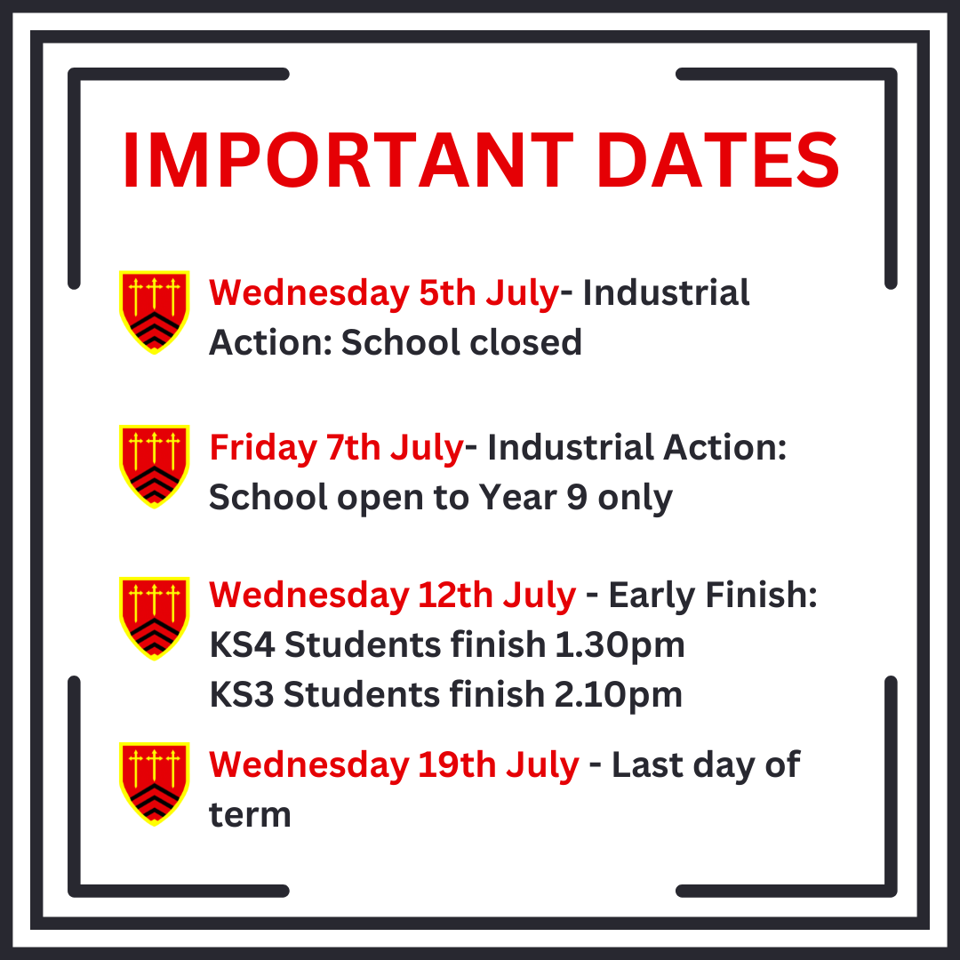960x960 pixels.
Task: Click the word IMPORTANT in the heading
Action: (x=348, y=160)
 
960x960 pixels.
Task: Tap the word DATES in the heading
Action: (x=717, y=160)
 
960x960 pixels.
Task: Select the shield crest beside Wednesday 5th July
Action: (x=154, y=312)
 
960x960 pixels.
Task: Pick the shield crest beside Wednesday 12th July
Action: (x=154, y=619)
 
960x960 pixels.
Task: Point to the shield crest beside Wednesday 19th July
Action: (x=154, y=784)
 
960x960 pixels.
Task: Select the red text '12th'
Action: (x=456, y=595)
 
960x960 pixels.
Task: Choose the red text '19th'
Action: (x=458, y=765)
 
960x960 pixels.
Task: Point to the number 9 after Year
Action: (x=577, y=497)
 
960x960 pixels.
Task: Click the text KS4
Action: (x=243, y=645)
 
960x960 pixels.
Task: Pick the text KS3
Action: (x=242, y=695)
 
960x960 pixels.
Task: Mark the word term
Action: (x=250, y=815)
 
